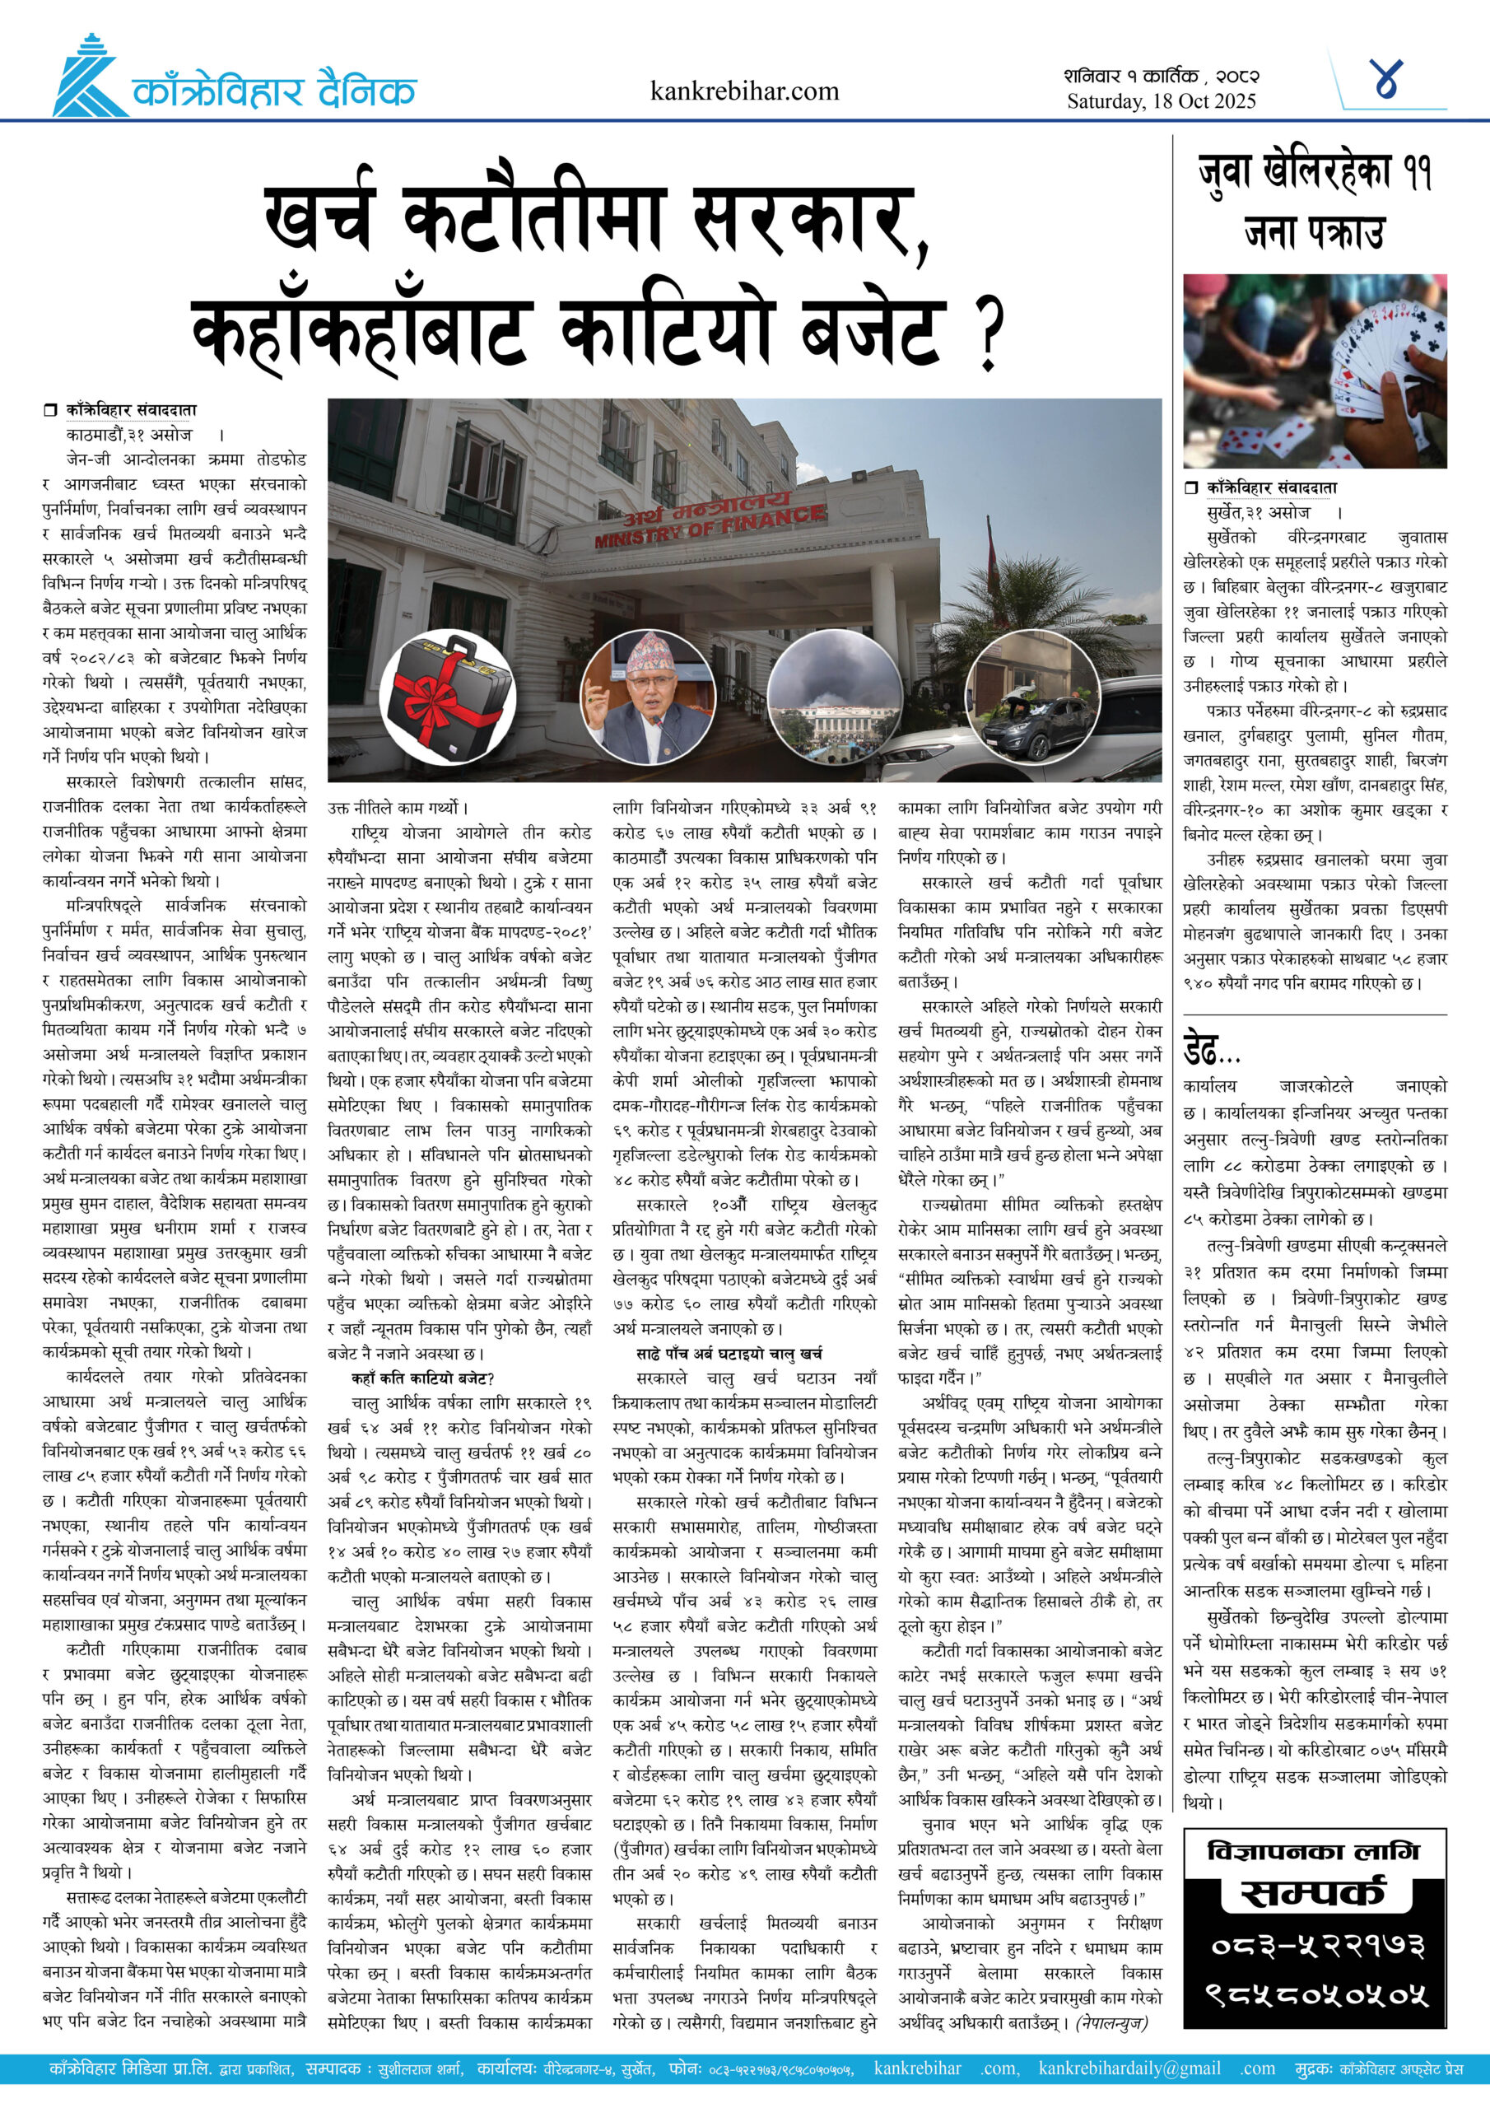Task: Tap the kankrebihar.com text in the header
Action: pos(743,91)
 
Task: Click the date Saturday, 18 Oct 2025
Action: pos(1161,101)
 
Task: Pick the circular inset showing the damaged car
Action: pos(1033,697)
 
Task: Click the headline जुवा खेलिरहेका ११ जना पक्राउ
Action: pos(1314,202)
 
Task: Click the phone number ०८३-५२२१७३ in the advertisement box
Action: pos(1314,1946)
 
